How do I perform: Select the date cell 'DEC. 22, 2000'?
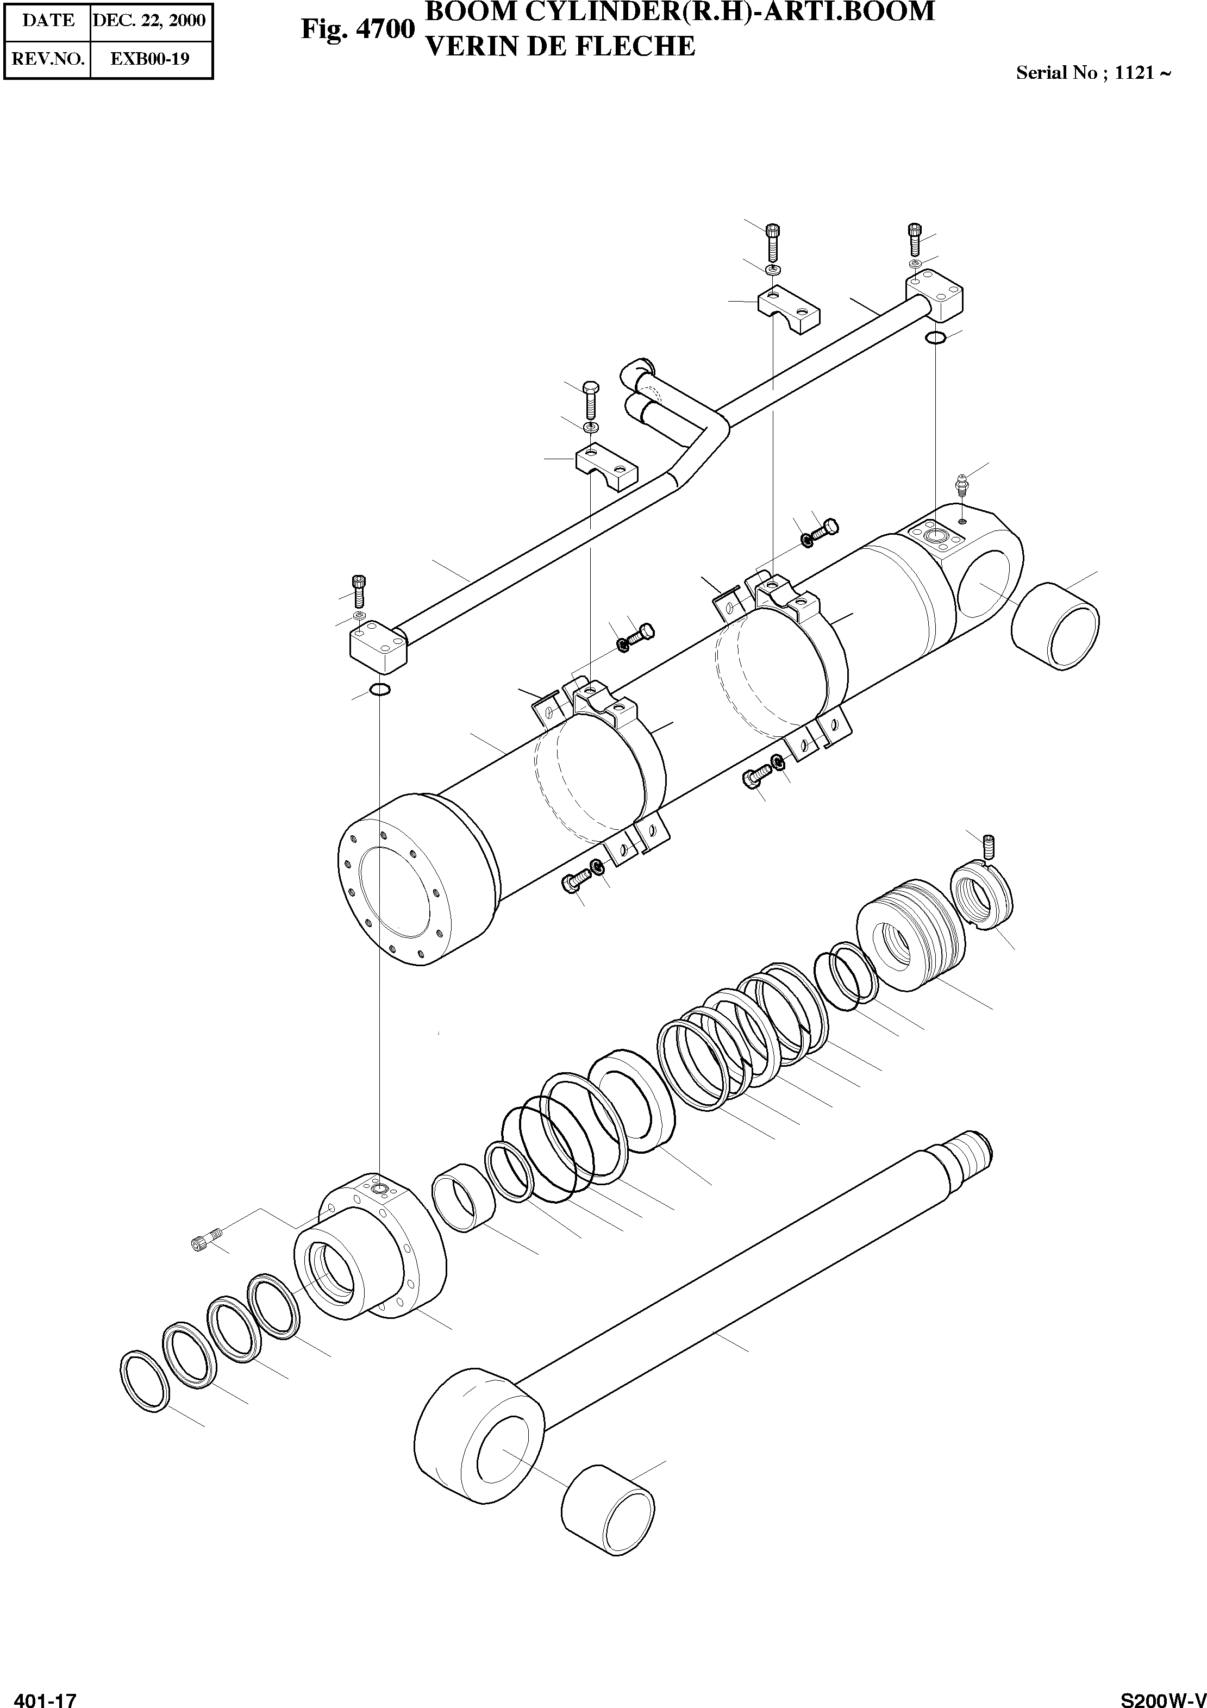(x=149, y=21)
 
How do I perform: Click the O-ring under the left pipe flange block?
(x=379, y=690)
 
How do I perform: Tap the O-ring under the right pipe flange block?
(x=935, y=339)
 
